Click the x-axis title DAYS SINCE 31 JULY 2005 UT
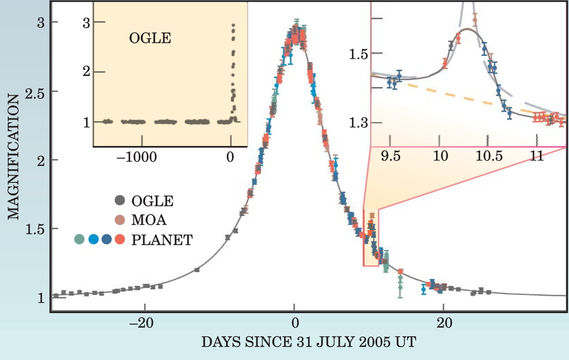click(x=309, y=342)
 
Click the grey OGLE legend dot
click(x=120, y=200)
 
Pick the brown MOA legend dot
click(x=120, y=220)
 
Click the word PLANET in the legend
click(x=162, y=240)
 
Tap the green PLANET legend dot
click(x=79, y=239)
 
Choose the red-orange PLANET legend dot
click(x=120, y=239)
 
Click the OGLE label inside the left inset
click(x=150, y=39)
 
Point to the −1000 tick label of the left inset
click(x=137, y=157)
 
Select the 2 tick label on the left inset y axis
click(x=86, y=71)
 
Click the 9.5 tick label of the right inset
click(x=391, y=156)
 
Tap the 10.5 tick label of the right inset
click(x=489, y=156)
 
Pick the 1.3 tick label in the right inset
click(x=359, y=123)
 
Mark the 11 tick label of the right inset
click(x=537, y=156)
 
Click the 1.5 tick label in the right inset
click(x=359, y=54)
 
